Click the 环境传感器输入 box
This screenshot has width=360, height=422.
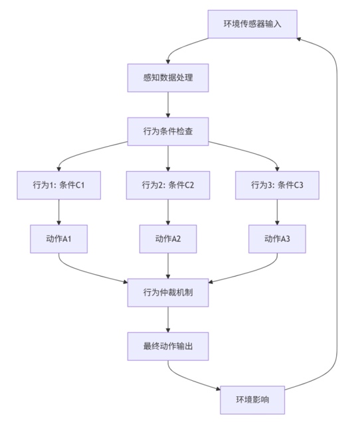pyautogui.click(x=252, y=25)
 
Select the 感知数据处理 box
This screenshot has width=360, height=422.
pyautogui.click(x=168, y=78)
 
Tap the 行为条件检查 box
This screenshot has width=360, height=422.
pyautogui.click(x=168, y=131)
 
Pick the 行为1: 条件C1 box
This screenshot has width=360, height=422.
pyautogui.click(x=58, y=185)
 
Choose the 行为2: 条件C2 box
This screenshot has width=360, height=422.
pyautogui.click(x=168, y=185)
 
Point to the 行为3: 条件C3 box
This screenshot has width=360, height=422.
pyautogui.click(x=277, y=185)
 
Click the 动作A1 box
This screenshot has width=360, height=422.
pyautogui.click(x=58, y=239)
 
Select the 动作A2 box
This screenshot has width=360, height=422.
pyautogui.click(x=168, y=239)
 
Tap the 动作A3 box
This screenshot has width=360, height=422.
pyautogui.click(x=277, y=239)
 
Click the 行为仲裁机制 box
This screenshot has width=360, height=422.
pyautogui.click(x=168, y=293)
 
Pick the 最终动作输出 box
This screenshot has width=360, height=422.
pyautogui.click(x=168, y=346)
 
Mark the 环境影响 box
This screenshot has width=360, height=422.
pyautogui.click(x=252, y=400)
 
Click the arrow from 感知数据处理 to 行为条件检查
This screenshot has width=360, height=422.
pyautogui.click(x=168, y=105)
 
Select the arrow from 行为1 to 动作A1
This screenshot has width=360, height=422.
pyautogui.click(x=58, y=212)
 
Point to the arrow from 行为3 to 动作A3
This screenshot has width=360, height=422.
pyautogui.click(x=277, y=212)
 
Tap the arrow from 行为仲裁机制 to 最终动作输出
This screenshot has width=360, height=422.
pyautogui.click(x=168, y=319)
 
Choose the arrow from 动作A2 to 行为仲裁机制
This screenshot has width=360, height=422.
pyautogui.click(x=168, y=266)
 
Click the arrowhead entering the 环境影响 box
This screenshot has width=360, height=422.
pyautogui.click(x=219, y=389)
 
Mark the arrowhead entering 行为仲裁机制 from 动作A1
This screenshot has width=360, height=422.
pyautogui.click(x=126, y=282)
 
